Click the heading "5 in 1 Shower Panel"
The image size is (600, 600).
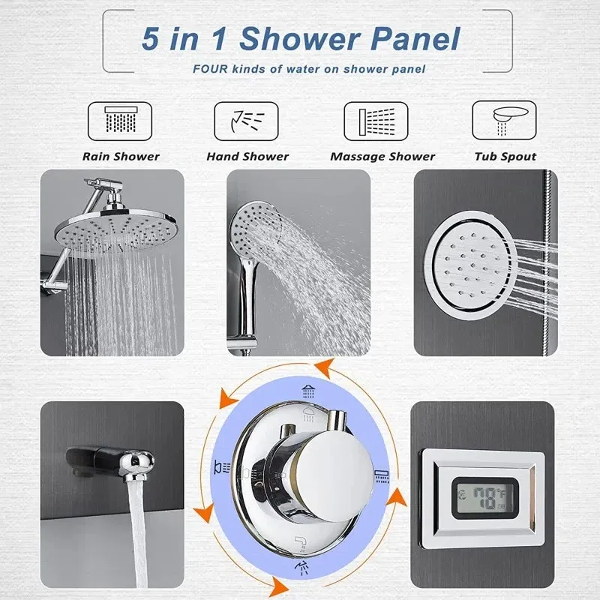(301, 39)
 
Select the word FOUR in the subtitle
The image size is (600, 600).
(210, 69)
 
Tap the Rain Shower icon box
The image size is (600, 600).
(120, 121)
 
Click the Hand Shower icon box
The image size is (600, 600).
(246, 121)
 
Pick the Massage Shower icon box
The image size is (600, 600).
(376, 121)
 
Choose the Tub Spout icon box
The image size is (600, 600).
(504, 120)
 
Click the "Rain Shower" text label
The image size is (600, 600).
(121, 157)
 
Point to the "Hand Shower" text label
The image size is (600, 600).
(247, 157)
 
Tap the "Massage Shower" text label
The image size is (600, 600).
(382, 157)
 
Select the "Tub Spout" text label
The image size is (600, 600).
(505, 157)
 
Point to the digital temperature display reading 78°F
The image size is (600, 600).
(485, 498)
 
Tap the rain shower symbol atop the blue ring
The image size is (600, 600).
(308, 391)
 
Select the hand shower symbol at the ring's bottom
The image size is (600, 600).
(301, 568)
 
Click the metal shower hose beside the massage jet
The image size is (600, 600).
(550, 263)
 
